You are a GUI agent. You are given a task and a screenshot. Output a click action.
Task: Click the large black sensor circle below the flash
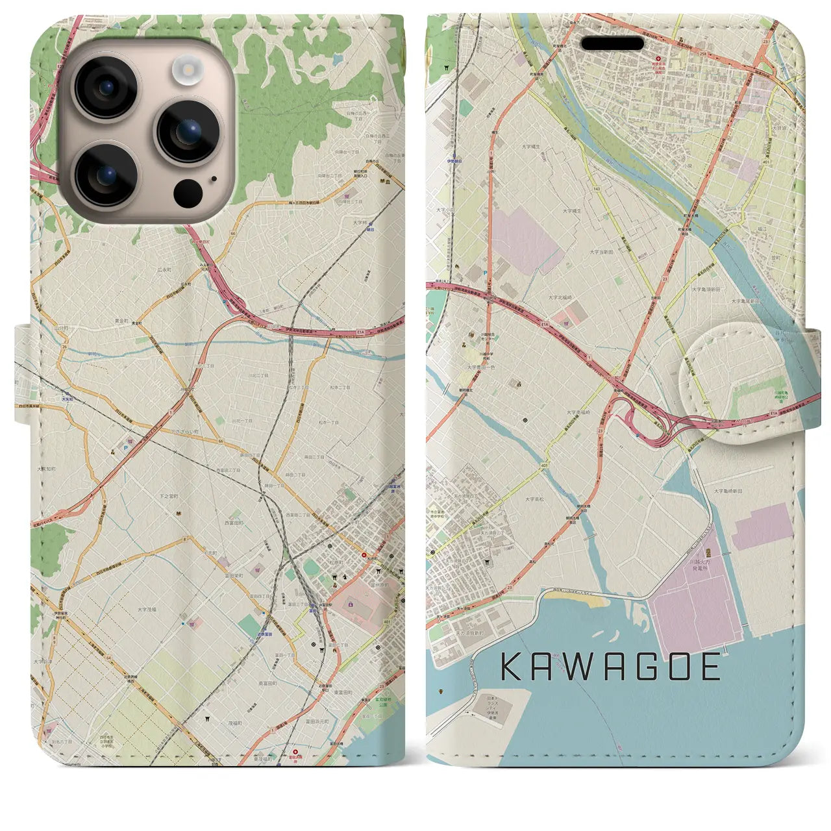coord(188,192)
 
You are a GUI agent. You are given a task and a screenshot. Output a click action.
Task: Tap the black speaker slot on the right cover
coord(612,43)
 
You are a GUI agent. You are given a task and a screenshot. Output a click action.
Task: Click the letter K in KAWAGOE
coord(511,667)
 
